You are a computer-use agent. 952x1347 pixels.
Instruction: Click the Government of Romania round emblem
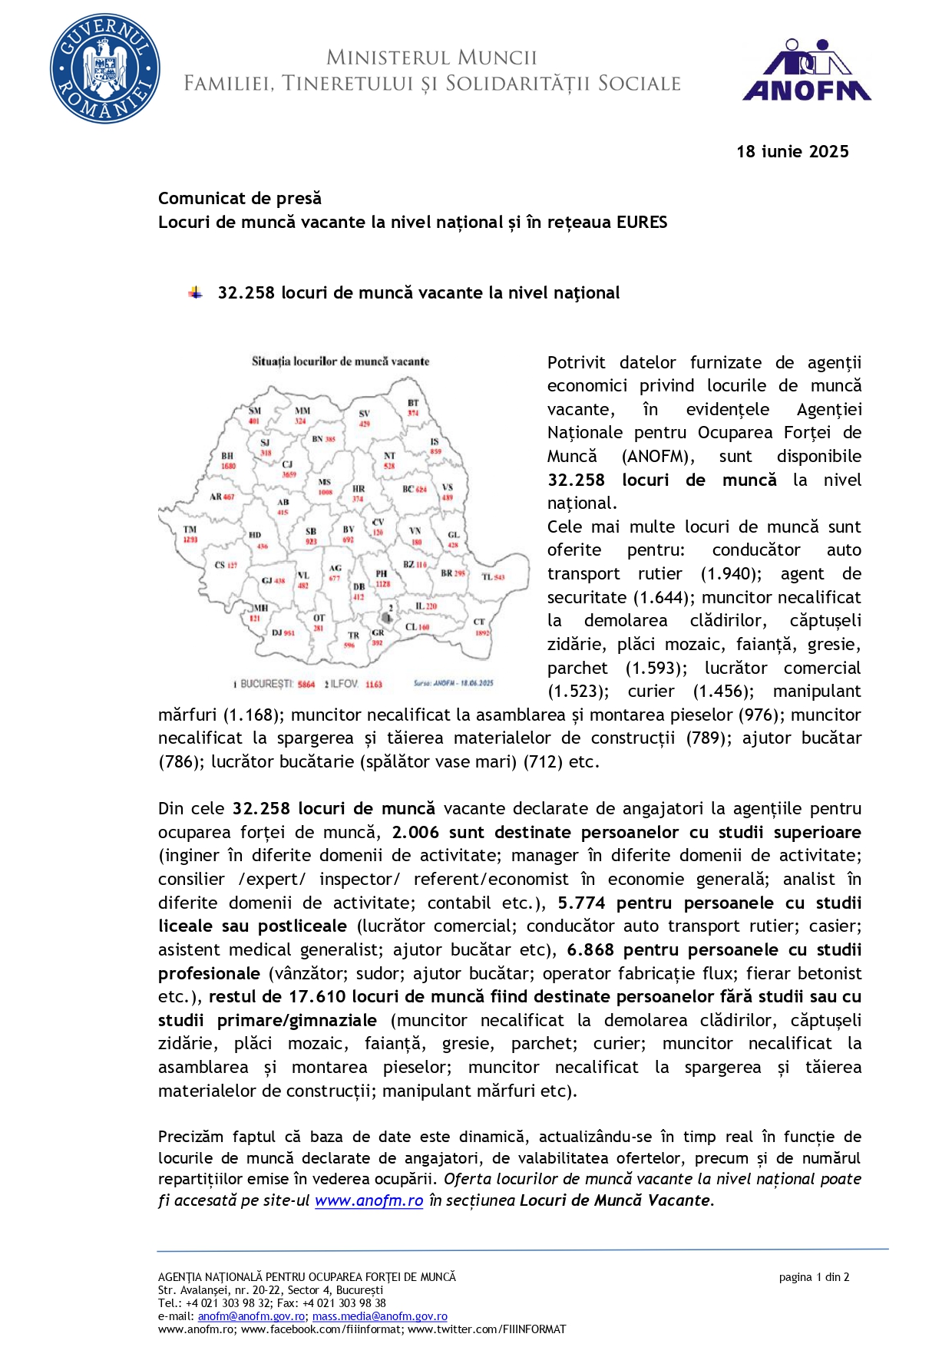point(105,68)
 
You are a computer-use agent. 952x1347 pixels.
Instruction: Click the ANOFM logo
point(807,71)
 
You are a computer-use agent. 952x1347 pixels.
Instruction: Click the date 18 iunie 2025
point(792,151)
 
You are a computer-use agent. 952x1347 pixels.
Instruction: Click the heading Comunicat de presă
point(240,198)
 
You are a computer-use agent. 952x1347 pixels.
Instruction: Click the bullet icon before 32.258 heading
point(196,292)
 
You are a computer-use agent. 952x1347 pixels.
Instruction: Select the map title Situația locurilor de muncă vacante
point(340,361)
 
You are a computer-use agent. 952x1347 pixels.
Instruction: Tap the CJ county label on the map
point(287,464)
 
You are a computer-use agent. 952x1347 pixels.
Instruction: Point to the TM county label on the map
point(190,529)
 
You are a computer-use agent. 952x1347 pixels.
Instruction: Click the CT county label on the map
point(479,622)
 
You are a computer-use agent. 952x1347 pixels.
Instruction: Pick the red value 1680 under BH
point(228,466)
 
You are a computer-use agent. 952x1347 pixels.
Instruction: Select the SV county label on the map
point(365,413)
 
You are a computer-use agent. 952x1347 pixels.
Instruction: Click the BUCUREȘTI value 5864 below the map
point(306,684)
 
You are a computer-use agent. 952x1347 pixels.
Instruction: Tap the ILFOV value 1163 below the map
point(373,684)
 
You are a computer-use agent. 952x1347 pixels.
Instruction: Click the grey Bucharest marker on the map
point(386,617)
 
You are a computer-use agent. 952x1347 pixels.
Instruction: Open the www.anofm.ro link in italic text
point(369,1200)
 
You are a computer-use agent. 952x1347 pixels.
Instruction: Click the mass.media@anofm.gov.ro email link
point(379,1316)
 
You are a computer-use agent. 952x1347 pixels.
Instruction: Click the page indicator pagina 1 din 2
point(813,1277)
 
